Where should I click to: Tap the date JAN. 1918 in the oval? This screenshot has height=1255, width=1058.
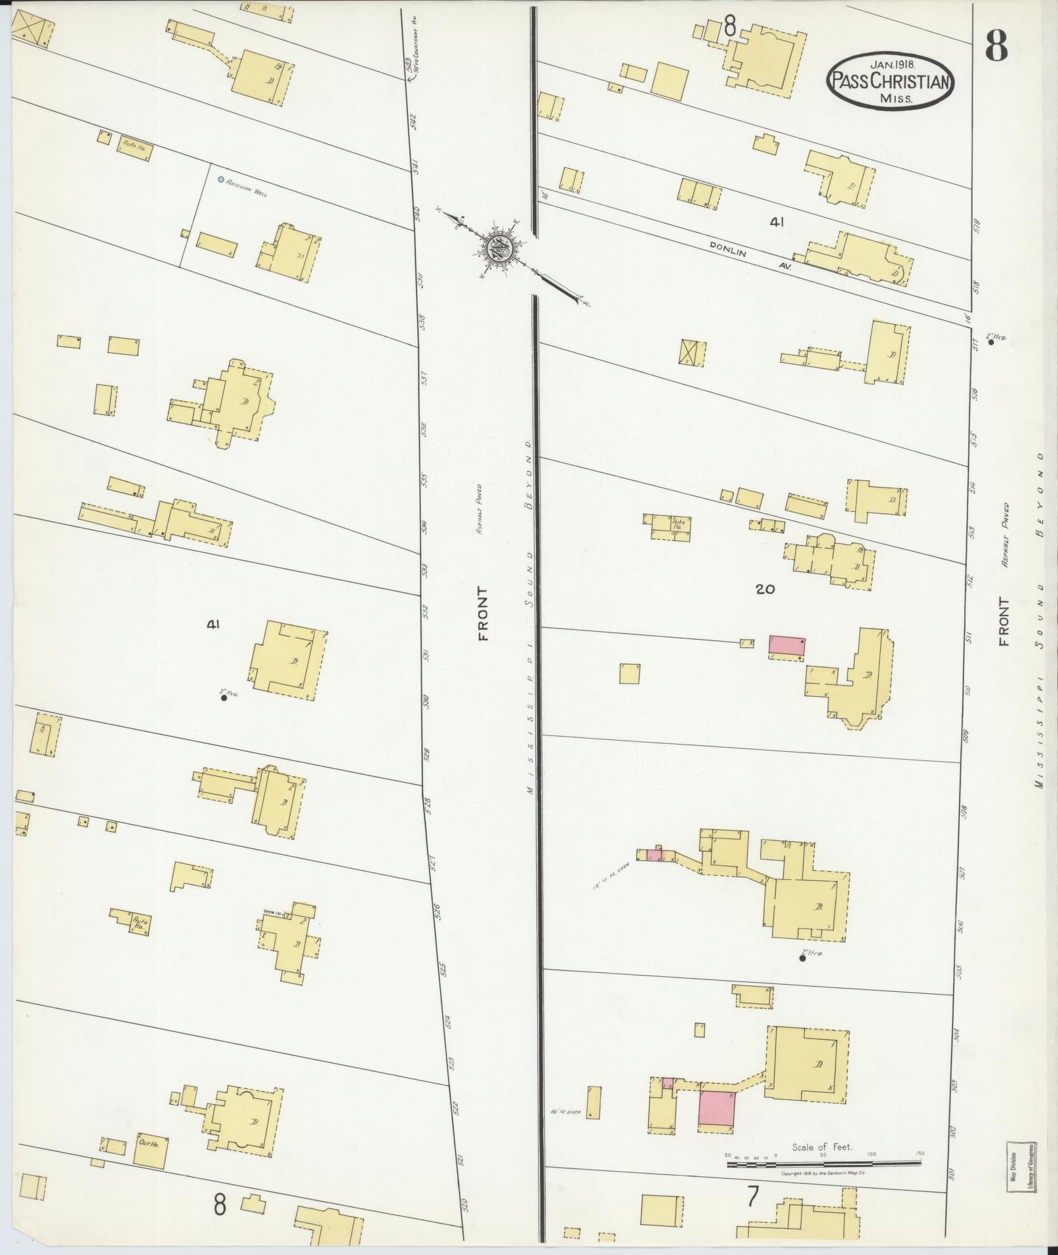pyautogui.click(x=892, y=64)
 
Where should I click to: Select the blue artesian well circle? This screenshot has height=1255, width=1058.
pyautogui.click(x=221, y=179)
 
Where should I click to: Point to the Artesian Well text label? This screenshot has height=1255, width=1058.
pyautogui.click(x=247, y=188)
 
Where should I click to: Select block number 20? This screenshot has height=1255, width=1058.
pyautogui.click(x=765, y=589)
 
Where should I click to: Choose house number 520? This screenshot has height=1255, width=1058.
pyautogui.click(x=465, y=1204)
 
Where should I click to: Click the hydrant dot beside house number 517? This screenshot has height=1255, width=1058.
pyautogui.click(x=990, y=340)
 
